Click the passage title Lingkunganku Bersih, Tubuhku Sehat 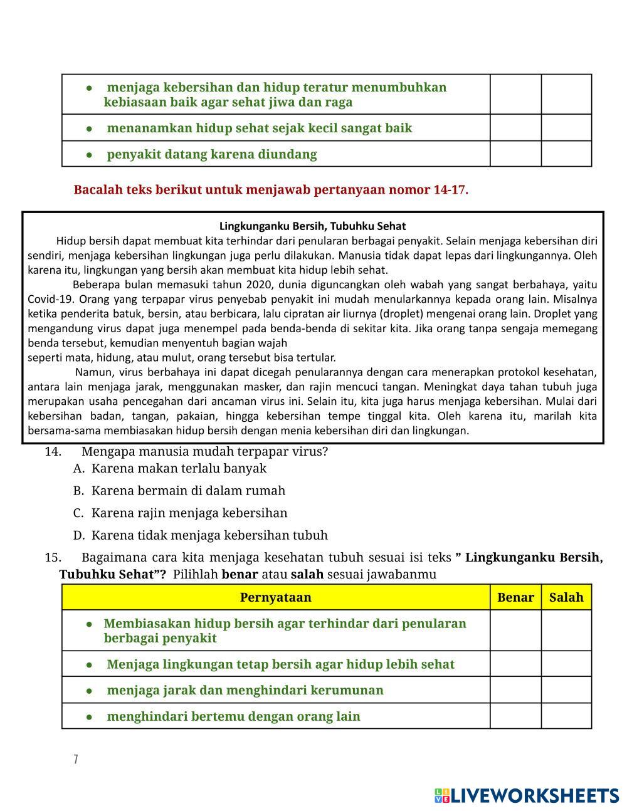click(x=312, y=226)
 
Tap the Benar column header click(x=515, y=597)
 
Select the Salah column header click(x=566, y=597)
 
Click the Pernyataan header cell click(x=275, y=597)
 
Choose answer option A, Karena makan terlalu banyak click(x=179, y=468)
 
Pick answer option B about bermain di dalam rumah click(x=188, y=491)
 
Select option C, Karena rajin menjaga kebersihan click(x=189, y=513)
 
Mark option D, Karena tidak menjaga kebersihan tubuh click(x=209, y=535)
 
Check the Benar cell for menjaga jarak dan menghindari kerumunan click(x=515, y=690)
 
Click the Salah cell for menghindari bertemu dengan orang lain click(x=566, y=716)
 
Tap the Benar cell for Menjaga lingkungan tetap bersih click(x=515, y=664)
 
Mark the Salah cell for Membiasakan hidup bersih click(x=566, y=630)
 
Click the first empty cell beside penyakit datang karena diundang click(x=515, y=154)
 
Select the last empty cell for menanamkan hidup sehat click(x=566, y=128)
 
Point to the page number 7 click(x=76, y=760)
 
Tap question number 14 click(x=53, y=452)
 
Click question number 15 click(x=53, y=558)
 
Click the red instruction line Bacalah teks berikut click(x=271, y=190)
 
